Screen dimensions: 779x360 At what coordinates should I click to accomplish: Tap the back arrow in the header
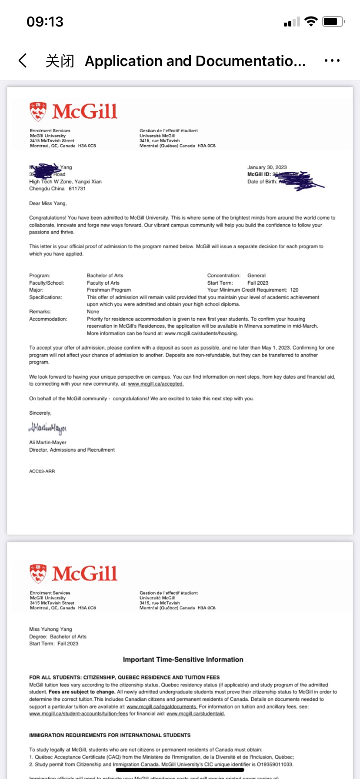23,61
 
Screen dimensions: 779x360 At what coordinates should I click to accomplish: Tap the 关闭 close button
60,61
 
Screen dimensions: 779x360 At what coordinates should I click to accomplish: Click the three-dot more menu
332,61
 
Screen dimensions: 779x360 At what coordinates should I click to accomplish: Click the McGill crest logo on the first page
38,112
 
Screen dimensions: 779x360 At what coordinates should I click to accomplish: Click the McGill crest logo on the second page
38,574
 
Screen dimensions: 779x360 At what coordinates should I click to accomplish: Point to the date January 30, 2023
267,167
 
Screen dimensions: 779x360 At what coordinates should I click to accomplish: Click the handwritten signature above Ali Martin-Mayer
48,429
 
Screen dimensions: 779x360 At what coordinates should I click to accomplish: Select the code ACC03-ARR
42,471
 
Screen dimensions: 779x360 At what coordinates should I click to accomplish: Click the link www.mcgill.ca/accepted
156,384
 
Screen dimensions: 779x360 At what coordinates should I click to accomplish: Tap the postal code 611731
77,189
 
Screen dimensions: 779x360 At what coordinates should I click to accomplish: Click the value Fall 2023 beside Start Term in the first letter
258,283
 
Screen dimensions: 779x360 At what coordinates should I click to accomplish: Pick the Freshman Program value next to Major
109,290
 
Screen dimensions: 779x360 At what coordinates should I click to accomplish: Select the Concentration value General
257,276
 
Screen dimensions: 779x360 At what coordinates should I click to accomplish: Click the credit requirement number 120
294,290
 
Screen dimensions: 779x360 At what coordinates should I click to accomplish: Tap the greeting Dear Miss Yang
48,203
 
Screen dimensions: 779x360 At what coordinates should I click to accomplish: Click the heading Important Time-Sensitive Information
183,659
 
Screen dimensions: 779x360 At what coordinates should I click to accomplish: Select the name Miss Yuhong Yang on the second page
50,629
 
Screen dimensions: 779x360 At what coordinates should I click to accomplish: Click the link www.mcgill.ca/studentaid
196,714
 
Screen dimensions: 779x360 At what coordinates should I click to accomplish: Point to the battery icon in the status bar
333,21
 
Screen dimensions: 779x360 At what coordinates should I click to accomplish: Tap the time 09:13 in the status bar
45,21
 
